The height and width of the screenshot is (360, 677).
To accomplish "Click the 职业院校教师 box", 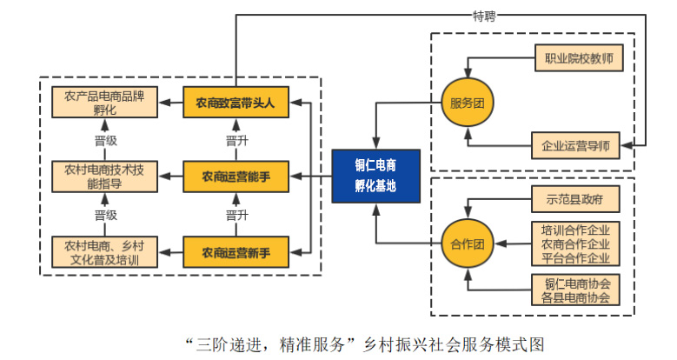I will pyautogui.click(x=576, y=61).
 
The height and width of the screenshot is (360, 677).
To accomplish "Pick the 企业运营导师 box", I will pyautogui.click(x=576, y=144).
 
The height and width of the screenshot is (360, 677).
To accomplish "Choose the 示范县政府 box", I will pyautogui.click(x=576, y=199).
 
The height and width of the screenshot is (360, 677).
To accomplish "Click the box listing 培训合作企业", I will pyautogui.click(x=576, y=244).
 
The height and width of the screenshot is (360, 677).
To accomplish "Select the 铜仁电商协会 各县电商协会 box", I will pyautogui.click(x=576, y=290).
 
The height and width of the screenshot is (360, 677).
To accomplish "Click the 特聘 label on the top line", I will pyautogui.click(x=485, y=15).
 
